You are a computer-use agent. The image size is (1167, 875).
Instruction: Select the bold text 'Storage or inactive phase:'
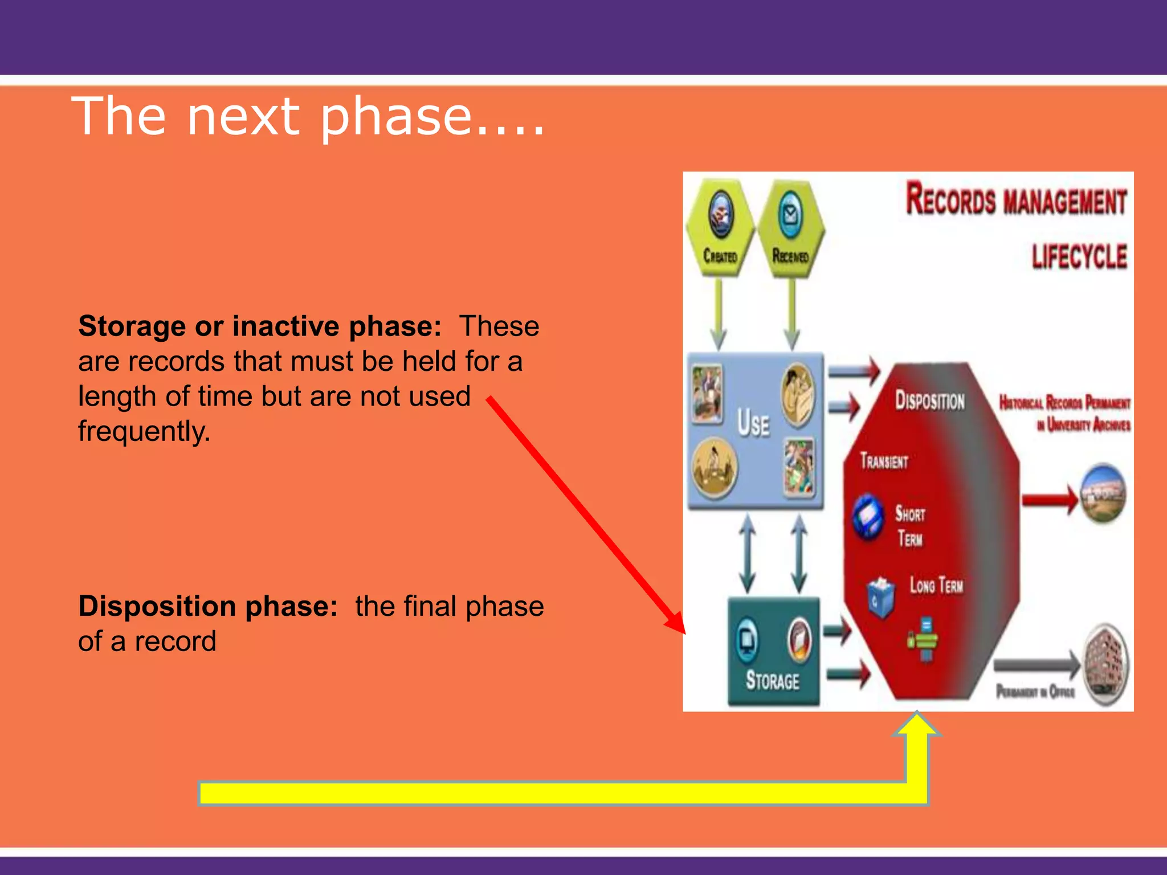pos(259,326)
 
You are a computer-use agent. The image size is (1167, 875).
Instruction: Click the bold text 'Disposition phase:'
pos(208,606)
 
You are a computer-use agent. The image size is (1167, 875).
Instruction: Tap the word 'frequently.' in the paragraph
pos(144,431)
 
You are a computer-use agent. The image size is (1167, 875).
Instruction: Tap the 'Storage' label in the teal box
pos(773,681)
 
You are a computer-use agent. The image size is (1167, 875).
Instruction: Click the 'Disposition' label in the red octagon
pos(930,400)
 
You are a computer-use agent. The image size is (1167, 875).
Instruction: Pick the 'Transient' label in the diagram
pos(884,461)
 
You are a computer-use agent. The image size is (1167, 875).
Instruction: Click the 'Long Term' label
pos(936,585)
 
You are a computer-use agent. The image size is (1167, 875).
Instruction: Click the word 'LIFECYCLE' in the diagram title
pos(1079,256)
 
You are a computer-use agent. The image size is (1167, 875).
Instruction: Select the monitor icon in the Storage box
pos(747,640)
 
